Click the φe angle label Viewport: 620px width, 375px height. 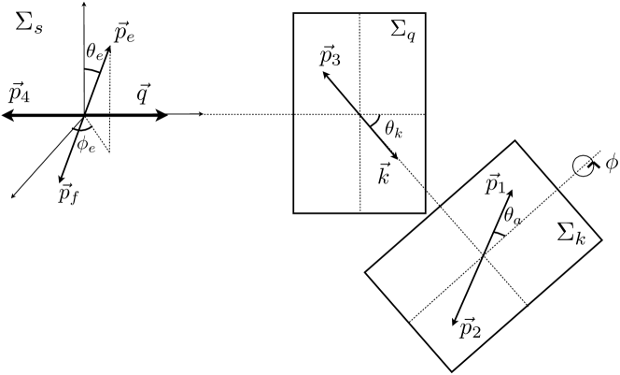point(86,144)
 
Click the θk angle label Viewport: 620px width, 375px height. point(393,131)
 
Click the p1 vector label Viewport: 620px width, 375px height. point(496,184)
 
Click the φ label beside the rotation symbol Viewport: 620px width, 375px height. point(611,164)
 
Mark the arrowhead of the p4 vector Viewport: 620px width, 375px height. point(6,115)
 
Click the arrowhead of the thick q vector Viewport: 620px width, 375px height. point(164,115)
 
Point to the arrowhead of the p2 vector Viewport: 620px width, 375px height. point(455,319)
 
